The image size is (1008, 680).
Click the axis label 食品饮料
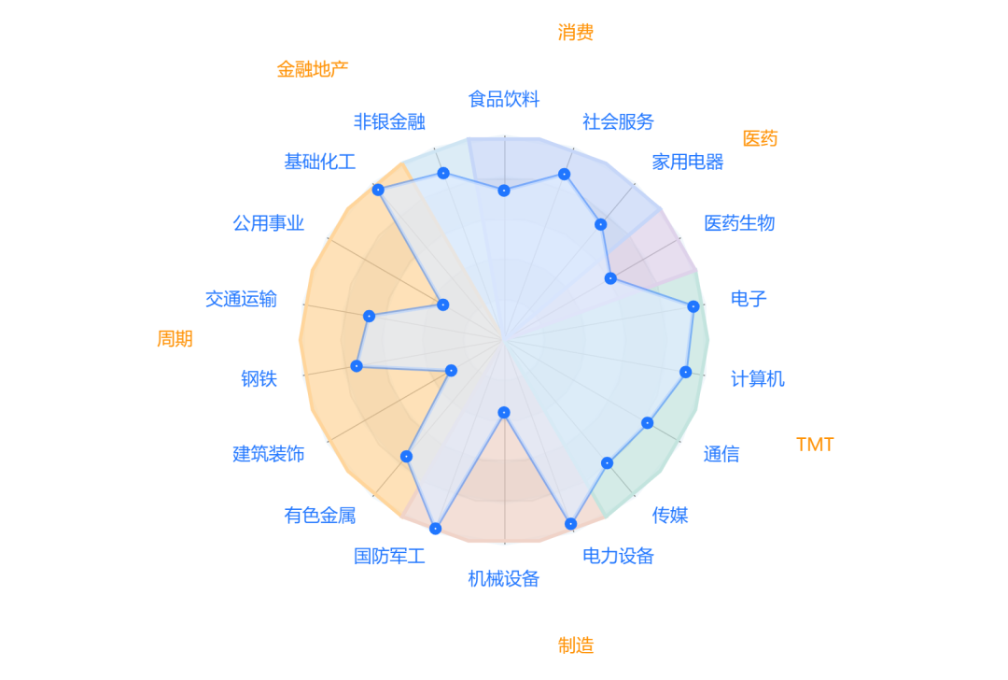coord(504,99)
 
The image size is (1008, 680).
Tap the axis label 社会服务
coord(618,121)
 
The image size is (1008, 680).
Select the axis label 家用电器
coord(688,162)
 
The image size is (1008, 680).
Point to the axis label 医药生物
coord(739,223)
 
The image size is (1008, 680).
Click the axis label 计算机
coord(758,378)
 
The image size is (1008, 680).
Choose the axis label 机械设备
coord(504,579)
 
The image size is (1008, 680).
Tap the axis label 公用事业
coord(269,223)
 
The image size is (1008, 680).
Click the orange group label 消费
coord(576,33)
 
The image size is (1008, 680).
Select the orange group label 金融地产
coord(313,69)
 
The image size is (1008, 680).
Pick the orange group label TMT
coord(815,445)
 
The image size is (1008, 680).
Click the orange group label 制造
coord(576,645)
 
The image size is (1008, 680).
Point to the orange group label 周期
coord(175,338)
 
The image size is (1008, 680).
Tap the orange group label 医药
coord(760,139)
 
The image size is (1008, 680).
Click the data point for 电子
coord(693,306)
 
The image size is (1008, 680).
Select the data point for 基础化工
coord(378,190)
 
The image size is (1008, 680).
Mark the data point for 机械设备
coord(504,412)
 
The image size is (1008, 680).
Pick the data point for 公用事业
coord(442,305)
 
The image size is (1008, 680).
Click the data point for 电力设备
coord(570,524)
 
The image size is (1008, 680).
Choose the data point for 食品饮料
coord(504,191)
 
